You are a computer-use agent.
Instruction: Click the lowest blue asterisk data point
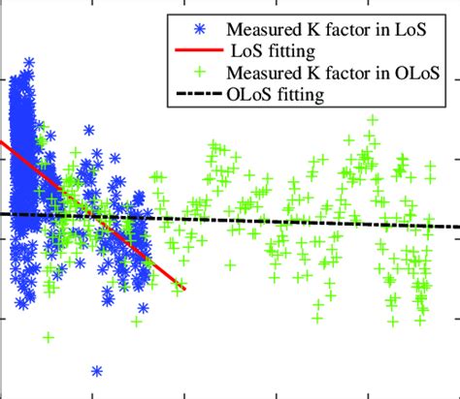point(96,371)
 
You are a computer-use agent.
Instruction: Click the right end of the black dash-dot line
point(458,227)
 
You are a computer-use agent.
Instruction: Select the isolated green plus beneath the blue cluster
point(48,336)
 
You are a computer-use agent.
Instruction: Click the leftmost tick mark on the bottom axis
point(93,393)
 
